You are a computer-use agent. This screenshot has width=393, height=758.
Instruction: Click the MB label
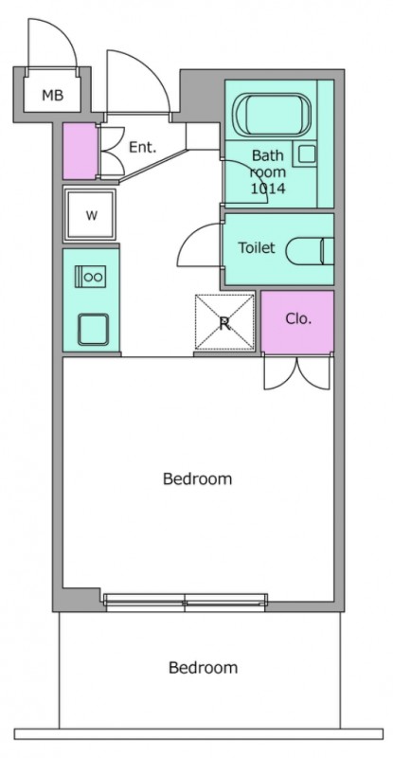[x=53, y=96]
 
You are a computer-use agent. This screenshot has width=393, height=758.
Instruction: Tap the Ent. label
[x=143, y=148]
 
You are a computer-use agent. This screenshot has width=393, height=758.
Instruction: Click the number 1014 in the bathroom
[x=268, y=188]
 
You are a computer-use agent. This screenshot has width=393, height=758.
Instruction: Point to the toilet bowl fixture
[x=310, y=251]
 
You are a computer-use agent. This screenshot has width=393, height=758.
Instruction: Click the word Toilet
[x=257, y=247]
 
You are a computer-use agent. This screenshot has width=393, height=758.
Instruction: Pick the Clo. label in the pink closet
[x=298, y=319]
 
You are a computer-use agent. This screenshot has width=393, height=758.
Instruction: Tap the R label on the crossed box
[x=224, y=323]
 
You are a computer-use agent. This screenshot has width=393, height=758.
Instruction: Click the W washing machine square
[x=91, y=215]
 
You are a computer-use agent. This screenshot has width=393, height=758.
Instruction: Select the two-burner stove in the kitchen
[x=90, y=277]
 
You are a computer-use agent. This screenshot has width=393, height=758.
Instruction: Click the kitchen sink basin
[x=94, y=329]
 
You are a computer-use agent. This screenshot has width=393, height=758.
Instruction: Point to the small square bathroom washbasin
[x=306, y=154]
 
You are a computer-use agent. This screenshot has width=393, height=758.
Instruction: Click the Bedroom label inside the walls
[x=197, y=478]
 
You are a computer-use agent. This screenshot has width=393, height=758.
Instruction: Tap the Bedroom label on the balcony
[x=203, y=668]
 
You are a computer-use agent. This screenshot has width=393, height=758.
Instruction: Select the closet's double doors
[x=297, y=372]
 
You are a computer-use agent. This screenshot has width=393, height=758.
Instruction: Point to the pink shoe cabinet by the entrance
[x=80, y=151]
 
